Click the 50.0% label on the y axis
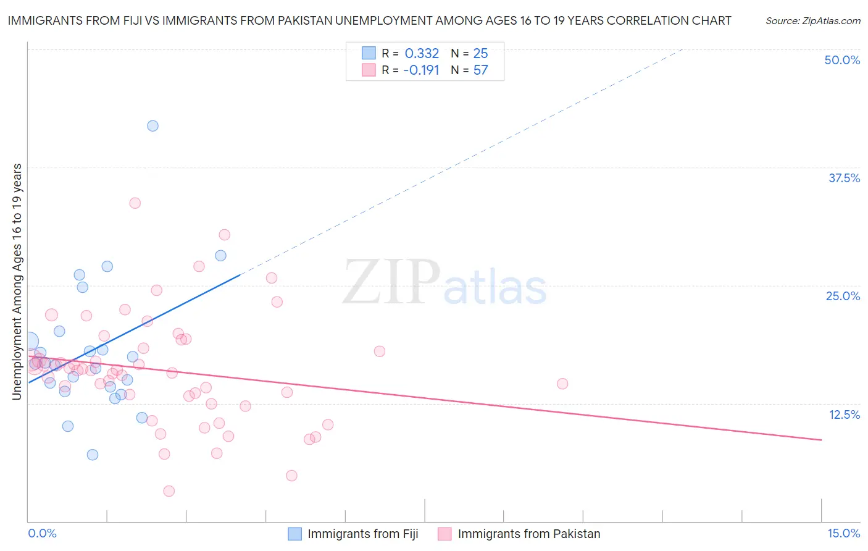click(x=842, y=60)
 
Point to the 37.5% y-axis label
click(x=844, y=178)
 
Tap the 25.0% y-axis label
click(x=843, y=296)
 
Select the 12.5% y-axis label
click(x=844, y=414)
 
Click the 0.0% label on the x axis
click(x=42, y=533)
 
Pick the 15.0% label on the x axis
click(x=843, y=533)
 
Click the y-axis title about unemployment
click(x=17, y=282)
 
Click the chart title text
click(x=369, y=20)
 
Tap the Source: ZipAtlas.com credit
click(x=812, y=20)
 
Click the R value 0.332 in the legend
click(x=422, y=54)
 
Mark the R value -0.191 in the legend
click(x=421, y=70)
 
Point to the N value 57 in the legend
click(x=480, y=70)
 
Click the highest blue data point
click(x=152, y=126)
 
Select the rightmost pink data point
click(x=562, y=384)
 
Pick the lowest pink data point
click(x=169, y=491)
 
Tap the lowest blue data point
click(x=93, y=455)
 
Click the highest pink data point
click(x=135, y=203)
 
